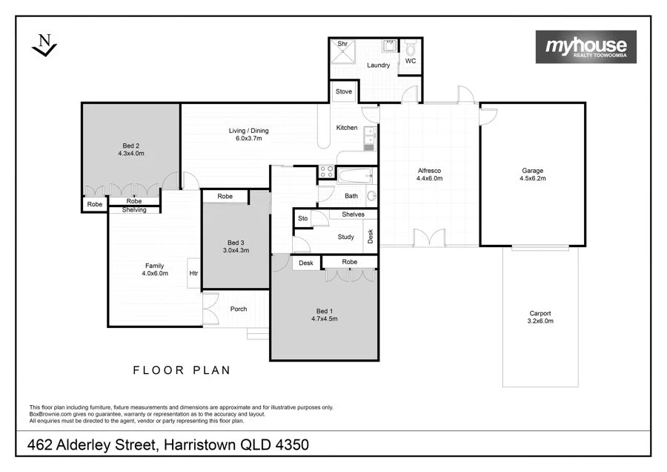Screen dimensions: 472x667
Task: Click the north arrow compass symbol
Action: click(44, 45)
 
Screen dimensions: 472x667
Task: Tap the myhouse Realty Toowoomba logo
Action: click(585, 47)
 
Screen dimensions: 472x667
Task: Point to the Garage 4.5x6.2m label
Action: click(532, 175)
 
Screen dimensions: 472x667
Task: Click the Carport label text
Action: click(540, 317)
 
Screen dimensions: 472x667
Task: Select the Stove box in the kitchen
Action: click(344, 92)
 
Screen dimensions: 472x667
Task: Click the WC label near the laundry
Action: click(410, 62)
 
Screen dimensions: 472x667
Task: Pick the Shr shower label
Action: click(342, 45)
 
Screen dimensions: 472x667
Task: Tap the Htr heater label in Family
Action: click(193, 273)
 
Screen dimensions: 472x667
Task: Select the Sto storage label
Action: click(302, 219)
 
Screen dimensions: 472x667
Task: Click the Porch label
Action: click(238, 309)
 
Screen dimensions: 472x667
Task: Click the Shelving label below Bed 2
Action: click(134, 210)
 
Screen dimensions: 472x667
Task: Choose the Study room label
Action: click(345, 237)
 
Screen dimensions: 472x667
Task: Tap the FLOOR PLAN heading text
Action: click(182, 370)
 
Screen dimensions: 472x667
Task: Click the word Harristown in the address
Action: click(204, 445)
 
